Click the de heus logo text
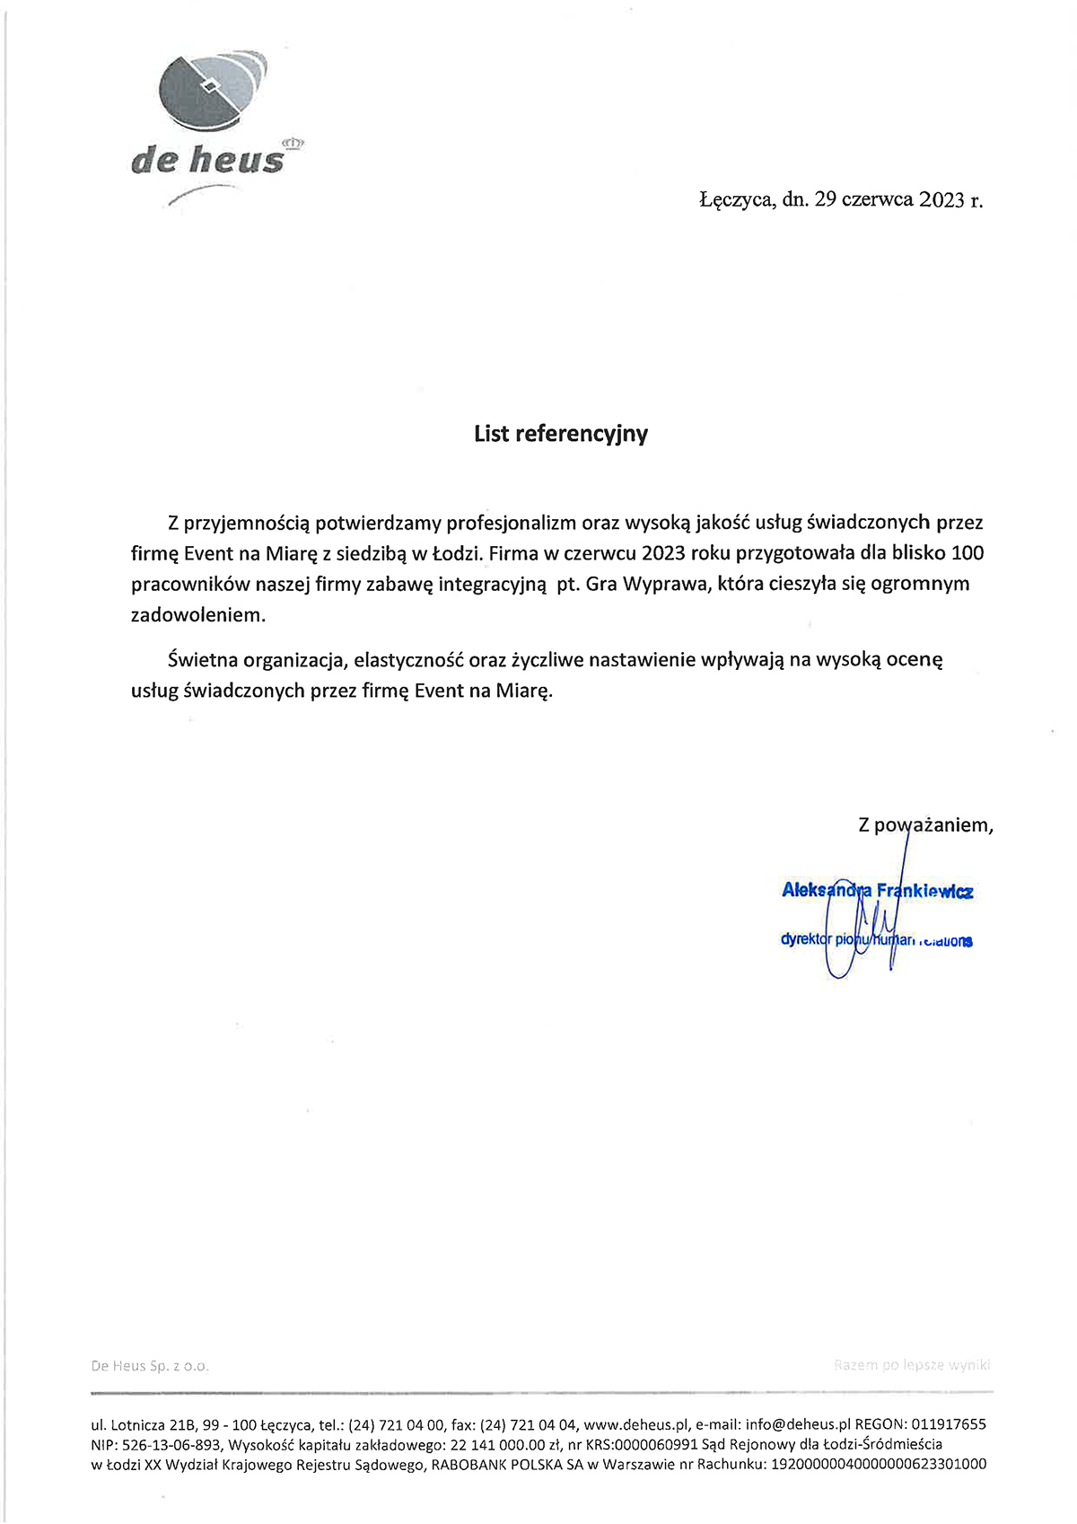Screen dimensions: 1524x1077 point(207,161)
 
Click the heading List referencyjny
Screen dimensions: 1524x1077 point(561,434)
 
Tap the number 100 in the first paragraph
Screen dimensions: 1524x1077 point(967,552)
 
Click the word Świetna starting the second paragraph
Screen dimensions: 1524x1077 point(202,660)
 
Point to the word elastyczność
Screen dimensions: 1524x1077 point(408,660)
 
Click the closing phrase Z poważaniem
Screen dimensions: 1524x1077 point(925,824)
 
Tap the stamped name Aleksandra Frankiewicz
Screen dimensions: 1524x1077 point(877,891)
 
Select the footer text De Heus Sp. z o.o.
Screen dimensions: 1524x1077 point(150,1366)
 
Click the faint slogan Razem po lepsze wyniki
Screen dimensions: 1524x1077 point(912,1365)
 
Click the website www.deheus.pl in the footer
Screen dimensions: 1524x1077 point(635,1424)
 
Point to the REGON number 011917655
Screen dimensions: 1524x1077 point(948,1424)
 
